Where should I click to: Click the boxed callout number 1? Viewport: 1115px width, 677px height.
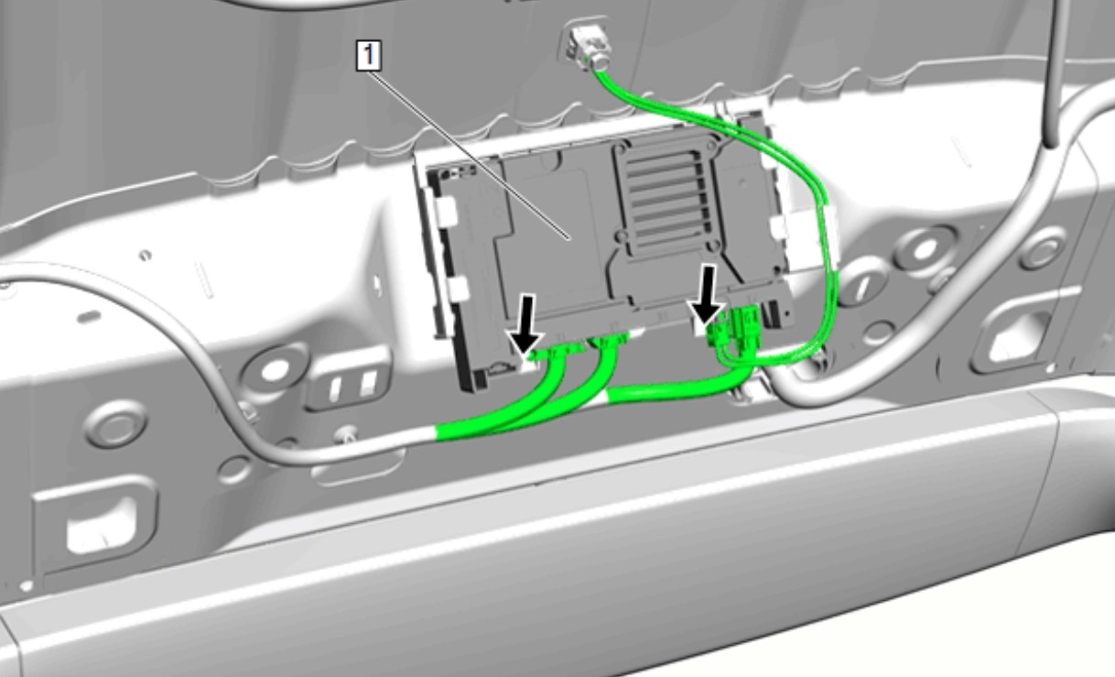pyautogui.click(x=369, y=55)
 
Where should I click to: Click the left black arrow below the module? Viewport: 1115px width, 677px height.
pyautogui.click(x=525, y=325)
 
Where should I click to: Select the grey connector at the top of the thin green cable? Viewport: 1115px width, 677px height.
pyautogui.click(x=590, y=45)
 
